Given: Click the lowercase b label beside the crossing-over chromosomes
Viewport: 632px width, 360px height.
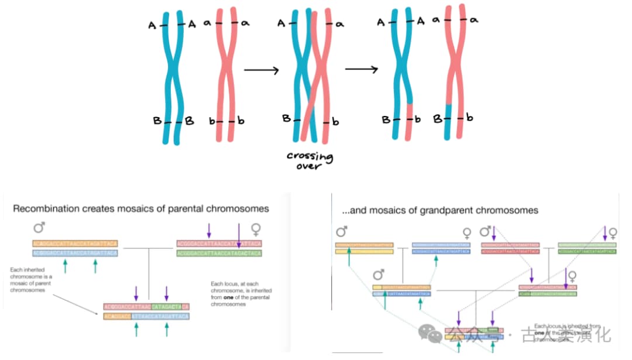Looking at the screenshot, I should pos(335,122).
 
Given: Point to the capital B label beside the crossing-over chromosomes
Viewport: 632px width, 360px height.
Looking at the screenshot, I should pos(287,118).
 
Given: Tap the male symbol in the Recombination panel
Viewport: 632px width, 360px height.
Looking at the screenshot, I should pos(40,228).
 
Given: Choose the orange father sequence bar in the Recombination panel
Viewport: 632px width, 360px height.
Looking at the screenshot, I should pos(75,243).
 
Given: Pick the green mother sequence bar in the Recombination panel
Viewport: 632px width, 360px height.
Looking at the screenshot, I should pos(218,253).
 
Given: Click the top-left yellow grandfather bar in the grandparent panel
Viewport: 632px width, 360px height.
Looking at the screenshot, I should pos(364,245).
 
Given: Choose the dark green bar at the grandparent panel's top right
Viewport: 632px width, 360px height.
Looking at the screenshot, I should pos(587,252).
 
